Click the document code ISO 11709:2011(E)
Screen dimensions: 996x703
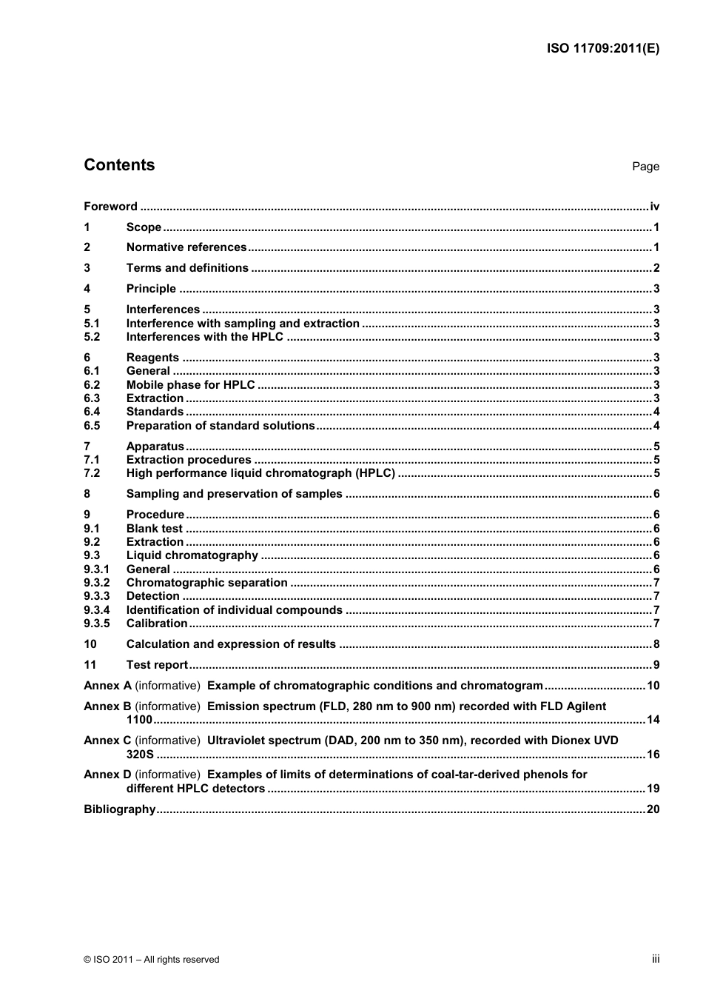click(x=602, y=48)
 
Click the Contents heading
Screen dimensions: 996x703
click(x=119, y=165)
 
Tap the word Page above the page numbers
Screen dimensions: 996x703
click(x=645, y=167)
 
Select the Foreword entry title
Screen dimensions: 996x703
click(x=110, y=207)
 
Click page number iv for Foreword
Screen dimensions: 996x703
click(x=654, y=207)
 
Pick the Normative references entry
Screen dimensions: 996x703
click(x=186, y=247)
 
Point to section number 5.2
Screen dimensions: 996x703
click(x=92, y=337)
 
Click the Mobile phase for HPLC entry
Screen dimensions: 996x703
click(x=190, y=385)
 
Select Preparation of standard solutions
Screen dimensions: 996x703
click(x=221, y=426)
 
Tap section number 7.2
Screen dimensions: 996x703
click(x=92, y=473)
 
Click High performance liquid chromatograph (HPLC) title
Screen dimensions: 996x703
click(x=260, y=473)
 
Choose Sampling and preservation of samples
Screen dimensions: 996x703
click(x=234, y=494)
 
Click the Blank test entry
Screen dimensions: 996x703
click(x=154, y=529)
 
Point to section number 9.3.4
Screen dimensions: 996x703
click(x=96, y=610)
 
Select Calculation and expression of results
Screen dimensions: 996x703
click(x=231, y=644)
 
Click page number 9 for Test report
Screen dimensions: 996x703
click(x=656, y=665)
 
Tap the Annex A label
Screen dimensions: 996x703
click(x=107, y=686)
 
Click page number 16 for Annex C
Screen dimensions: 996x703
click(x=653, y=755)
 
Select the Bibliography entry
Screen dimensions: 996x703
click(x=119, y=809)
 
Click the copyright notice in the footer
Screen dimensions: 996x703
click(x=152, y=960)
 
